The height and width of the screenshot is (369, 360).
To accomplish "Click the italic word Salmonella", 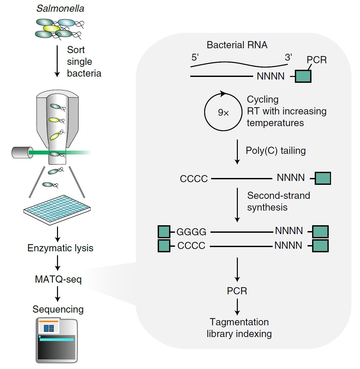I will coord(60,8).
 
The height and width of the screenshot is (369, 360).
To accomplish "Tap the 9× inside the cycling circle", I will coord(223,113).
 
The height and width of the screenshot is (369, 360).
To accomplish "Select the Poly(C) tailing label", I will coord(276,151).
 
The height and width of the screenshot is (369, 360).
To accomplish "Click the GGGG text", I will coord(191,232).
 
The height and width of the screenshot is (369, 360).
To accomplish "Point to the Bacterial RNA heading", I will coord(237,45).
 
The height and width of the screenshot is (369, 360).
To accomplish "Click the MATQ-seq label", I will coord(58,279).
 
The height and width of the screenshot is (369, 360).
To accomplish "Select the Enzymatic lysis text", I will coord(60,248).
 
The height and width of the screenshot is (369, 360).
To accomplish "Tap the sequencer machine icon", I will coord(57,340).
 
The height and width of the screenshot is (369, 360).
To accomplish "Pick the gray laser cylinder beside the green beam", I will coord(22,152).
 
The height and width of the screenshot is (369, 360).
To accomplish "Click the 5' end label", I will coord(195,58).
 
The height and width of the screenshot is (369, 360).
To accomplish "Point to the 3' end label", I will coord(288,57).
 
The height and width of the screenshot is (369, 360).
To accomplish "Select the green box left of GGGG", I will coord(164,232).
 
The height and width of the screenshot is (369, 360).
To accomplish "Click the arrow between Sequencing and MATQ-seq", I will coord(58,294).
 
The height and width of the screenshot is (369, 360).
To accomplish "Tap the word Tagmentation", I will coord(239,322).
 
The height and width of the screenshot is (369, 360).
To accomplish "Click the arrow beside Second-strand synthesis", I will coord(237,205).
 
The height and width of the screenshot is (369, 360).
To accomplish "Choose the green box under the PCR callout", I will coord(303,76).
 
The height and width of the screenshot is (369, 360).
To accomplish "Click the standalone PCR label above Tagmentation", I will coord(237,291).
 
